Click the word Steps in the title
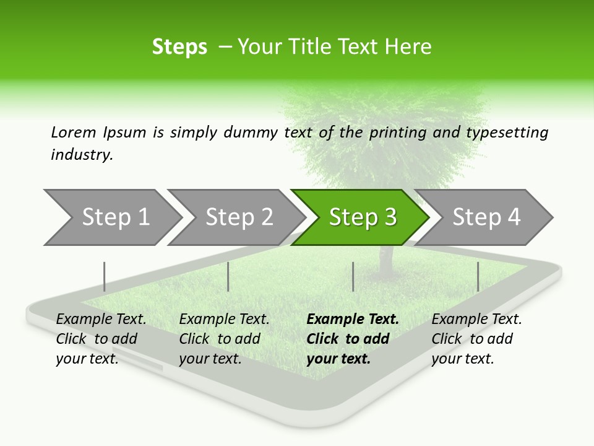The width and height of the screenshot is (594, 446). (179, 47)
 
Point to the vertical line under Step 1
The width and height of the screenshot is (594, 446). (105, 276)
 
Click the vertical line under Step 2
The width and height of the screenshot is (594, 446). (228, 276)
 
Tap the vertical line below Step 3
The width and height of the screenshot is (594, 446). (353, 276)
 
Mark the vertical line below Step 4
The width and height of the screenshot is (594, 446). (478, 276)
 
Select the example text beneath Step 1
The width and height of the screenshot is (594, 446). (101, 339)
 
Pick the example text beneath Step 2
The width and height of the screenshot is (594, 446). (224, 339)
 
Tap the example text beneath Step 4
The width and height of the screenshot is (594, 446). (476, 339)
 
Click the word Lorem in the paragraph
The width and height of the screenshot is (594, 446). (74, 133)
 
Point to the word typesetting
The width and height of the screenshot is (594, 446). (507, 133)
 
